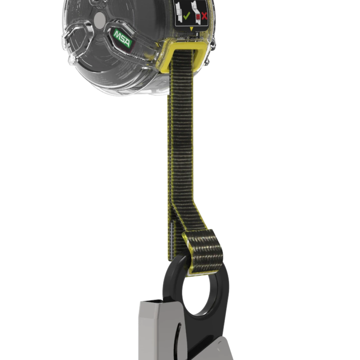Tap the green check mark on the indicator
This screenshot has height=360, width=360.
pos(186,15)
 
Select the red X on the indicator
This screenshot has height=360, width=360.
pos(204,15)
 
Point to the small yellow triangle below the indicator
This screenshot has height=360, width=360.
pos(191,29)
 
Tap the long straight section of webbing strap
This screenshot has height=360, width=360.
pos(182,133)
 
